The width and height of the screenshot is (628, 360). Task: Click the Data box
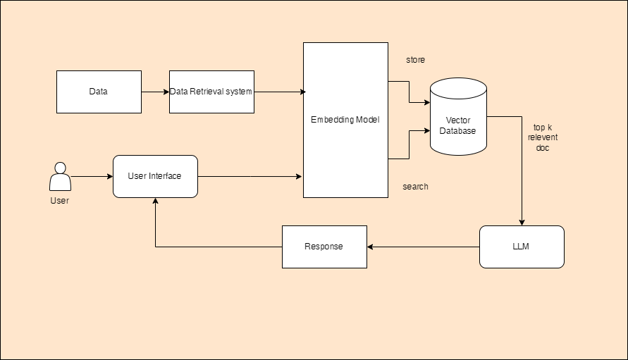(x=99, y=92)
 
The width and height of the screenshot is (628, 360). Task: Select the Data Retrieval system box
(x=211, y=92)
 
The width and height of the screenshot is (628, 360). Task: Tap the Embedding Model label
(x=345, y=120)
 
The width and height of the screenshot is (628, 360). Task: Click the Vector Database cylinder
(x=458, y=120)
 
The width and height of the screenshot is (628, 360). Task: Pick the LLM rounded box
(x=522, y=247)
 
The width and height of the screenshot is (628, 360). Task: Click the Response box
(x=324, y=247)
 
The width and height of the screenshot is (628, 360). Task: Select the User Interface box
(x=155, y=176)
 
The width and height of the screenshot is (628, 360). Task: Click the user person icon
(x=60, y=177)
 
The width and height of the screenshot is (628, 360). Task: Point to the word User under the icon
(x=60, y=201)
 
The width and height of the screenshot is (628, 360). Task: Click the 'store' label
(x=415, y=60)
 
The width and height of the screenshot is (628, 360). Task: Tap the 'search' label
(x=415, y=187)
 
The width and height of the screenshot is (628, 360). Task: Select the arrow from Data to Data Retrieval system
(x=155, y=92)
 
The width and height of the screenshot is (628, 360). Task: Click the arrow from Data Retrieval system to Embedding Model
(x=278, y=92)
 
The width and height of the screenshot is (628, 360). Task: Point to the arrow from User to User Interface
(x=92, y=176)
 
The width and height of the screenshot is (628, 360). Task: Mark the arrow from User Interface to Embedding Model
(x=250, y=176)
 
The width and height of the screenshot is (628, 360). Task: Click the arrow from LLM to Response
(x=423, y=247)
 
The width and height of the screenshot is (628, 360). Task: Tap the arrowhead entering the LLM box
(x=522, y=222)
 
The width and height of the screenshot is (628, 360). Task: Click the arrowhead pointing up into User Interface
(x=155, y=201)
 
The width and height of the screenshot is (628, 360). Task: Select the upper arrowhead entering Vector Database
(x=426, y=102)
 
